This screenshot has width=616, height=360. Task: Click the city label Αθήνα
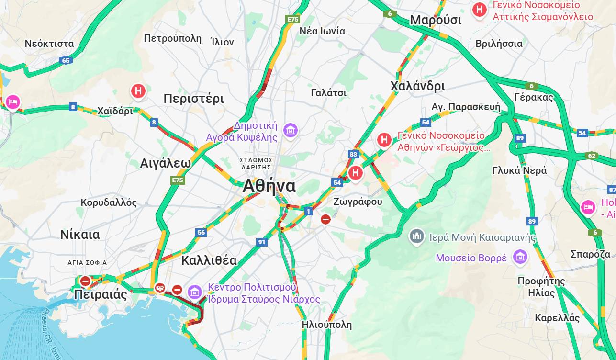[269, 186]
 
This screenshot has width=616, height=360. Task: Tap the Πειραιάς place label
[101, 294]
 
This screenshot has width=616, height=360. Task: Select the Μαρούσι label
[436, 21]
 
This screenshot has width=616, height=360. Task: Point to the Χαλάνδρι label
[417, 86]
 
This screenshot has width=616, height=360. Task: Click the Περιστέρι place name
[193, 99]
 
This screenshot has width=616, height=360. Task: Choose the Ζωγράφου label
[358, 202]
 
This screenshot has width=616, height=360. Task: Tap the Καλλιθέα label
[209, 260]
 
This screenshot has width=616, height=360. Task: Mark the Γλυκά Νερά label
[519, 170]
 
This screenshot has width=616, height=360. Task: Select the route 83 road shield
[354, 154]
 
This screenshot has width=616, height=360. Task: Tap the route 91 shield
[261, 242]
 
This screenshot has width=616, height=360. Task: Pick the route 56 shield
[201, 233]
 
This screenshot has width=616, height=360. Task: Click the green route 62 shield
[592, 156]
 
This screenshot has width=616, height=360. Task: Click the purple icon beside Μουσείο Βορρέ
[520, 258]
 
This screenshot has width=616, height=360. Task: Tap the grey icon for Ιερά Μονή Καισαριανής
[417, 236]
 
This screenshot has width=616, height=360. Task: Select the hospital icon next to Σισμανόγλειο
[479, 10]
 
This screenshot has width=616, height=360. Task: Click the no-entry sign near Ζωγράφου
[325, 219]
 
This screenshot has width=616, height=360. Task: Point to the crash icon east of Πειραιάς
[160, 288]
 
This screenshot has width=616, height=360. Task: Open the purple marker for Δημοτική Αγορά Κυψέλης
[290, 130]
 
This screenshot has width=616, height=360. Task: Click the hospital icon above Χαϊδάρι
[138, 90]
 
